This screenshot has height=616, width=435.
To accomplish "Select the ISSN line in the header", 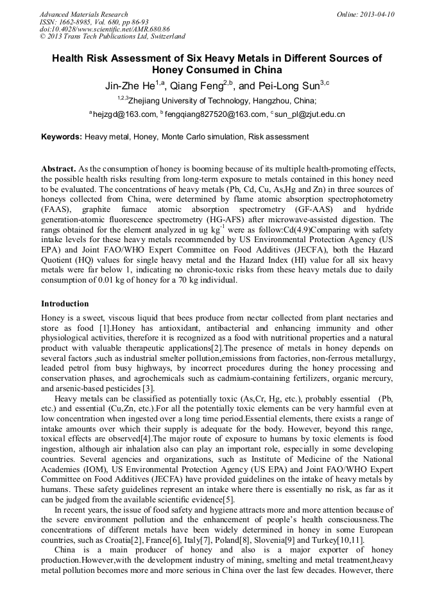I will (x=94, y=22).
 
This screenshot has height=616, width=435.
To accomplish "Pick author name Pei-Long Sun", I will (x=287, y=85).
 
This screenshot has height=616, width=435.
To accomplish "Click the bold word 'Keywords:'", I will (x=62, y=137).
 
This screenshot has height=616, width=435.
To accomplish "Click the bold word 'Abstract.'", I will (x=59, y=168).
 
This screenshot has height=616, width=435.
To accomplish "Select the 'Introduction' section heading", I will (x=65, y=303).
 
